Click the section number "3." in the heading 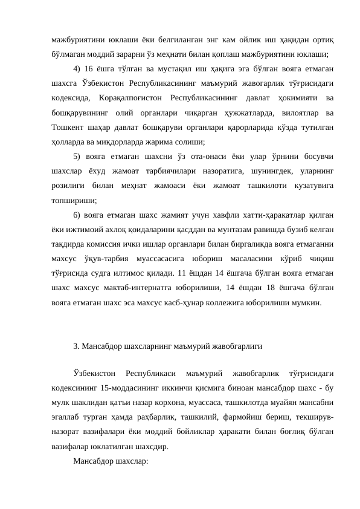[x=76, y=346]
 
